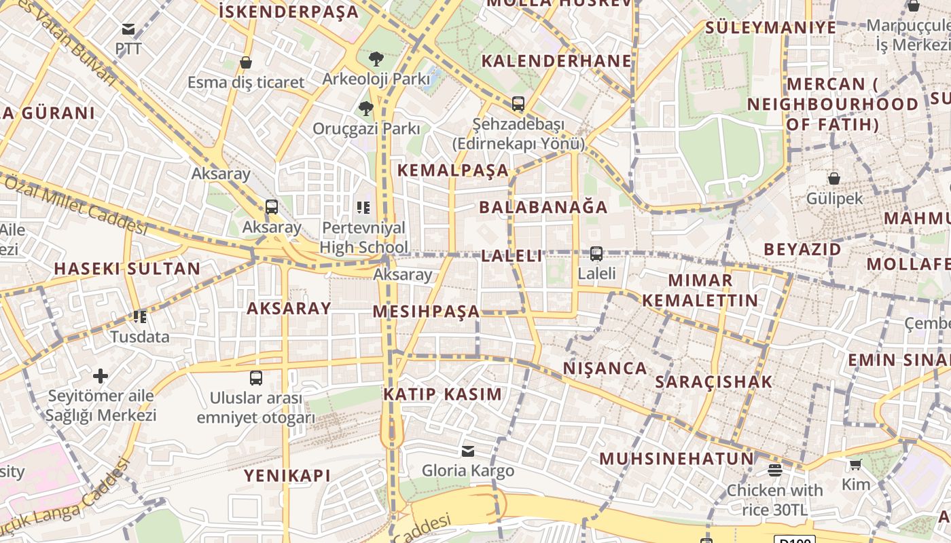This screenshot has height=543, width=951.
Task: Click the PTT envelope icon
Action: click(x=128, y=29)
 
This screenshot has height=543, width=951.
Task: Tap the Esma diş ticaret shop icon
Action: click(x=246, y=62)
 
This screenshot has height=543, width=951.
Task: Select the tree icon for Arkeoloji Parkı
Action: click(x=376, y=59)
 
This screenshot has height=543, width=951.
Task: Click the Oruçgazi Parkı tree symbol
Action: click(x=366, y=108)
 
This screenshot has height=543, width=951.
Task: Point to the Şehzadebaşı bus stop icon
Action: click(x=518, y=104)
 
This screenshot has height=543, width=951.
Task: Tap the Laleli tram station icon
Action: click(x=596, y=254)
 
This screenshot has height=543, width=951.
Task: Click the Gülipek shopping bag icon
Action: click(x=834, y=179)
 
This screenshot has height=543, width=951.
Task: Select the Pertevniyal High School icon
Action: click(x=363, y=207)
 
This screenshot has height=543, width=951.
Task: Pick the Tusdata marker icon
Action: click(x=140, y=316)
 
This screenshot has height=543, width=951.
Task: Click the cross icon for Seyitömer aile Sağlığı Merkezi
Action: click(x=101, y=375)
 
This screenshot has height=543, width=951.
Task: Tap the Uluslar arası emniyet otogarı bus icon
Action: click(x=256, y=377)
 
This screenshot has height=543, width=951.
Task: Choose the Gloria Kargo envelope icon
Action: click(x=468, y=451)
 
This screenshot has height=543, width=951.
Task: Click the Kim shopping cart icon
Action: click(x=855, y=464)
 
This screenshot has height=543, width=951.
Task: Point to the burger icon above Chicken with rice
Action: click(x=775, y=470)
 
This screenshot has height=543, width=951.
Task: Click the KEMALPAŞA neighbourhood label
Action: click(x=453, y=170)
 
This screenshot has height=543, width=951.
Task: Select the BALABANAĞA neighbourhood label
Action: click(x=543, y=207)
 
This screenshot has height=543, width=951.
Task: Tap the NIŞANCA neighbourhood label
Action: click(x=605, y=369)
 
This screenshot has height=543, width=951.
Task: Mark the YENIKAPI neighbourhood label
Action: click(x=287, y=476)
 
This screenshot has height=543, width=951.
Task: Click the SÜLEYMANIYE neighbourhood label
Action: click(x=771, y=28)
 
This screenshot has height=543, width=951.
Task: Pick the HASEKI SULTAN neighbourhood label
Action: click(x=127, y=269)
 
